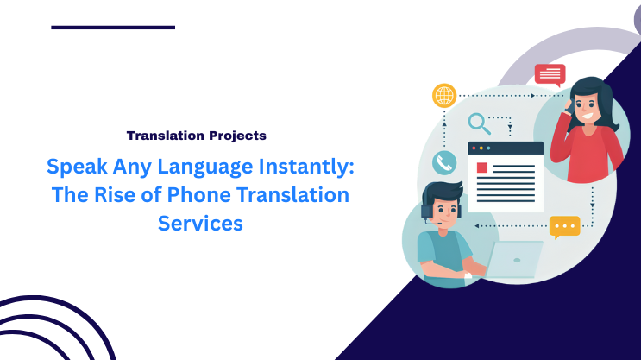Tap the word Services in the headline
point(200,224)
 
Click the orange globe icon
point(444,95)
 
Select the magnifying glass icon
point(478,123)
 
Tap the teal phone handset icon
point(444,162)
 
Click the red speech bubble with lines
point(550,74)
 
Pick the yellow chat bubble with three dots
point(564,226)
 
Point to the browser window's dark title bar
point(506,148)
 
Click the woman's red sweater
point(589,152)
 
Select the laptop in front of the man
point(515,259)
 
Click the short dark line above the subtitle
point(113,28)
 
